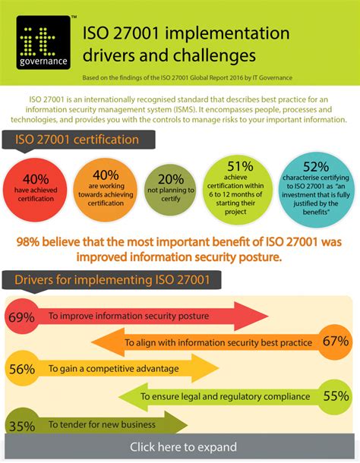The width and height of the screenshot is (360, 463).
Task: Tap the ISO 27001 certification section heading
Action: [73, 140]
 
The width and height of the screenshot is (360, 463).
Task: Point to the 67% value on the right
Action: [335, 342]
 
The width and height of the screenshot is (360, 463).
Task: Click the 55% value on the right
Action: [335, 395]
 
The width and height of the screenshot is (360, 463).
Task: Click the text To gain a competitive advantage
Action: [113, 369]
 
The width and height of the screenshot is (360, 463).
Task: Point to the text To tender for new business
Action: [102, 424]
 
